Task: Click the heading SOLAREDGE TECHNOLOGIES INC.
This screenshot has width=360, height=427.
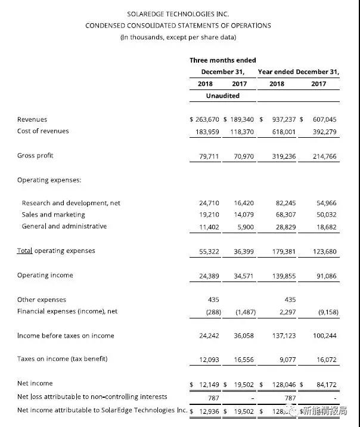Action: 178,13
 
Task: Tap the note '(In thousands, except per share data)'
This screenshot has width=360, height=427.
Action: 178,38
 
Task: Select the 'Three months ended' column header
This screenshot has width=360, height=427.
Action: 222,60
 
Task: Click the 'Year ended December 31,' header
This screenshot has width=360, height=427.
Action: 298,72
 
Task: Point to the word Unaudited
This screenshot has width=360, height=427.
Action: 222,95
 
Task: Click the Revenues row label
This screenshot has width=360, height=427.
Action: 32,119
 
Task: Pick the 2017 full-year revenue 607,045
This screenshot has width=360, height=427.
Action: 324,119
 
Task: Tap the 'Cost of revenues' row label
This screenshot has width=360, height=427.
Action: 43,131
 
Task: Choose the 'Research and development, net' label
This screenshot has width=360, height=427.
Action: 71,203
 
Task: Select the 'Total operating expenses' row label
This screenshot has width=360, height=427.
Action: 56,250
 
